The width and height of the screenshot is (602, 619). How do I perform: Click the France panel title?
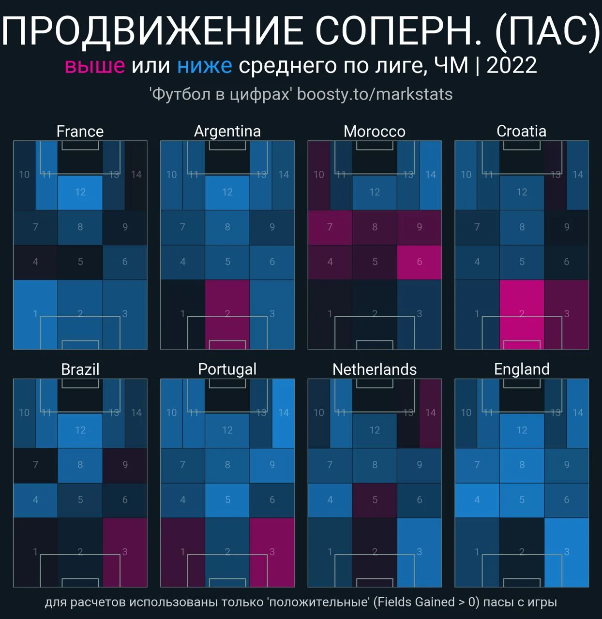click(x=80, y=131)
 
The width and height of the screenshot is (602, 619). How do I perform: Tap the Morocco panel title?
click(x=374, y=131)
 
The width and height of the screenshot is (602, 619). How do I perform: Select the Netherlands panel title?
click(x=374, y=369)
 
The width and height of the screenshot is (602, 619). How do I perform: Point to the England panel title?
click(x=522, y=369)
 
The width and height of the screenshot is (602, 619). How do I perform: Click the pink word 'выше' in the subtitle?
click(x=95, y=66)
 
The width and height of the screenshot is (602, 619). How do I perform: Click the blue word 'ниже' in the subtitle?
click(x=204, y=66)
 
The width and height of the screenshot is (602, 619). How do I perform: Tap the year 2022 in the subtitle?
click(x=512, y=66)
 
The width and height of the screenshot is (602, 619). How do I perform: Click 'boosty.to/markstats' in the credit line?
click(x=375, y=94)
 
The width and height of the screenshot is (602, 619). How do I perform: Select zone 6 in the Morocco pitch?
click(x=419, y=262)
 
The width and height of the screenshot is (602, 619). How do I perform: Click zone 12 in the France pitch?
click(x=80, y=192)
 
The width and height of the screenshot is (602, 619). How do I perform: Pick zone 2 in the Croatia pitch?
click(x=522, y=314)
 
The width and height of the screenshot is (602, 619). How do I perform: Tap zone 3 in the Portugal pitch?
click(x=272, y=552)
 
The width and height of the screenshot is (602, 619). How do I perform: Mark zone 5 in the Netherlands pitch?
click(x=375, y=500)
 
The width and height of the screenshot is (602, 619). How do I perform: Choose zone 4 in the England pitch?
click(x=477, y=500)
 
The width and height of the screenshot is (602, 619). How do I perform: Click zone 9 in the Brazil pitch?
click(x=125, y=465)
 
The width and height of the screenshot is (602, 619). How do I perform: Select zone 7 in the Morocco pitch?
click(x=330, y=227)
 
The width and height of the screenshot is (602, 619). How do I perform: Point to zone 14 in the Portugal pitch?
click(x=284, y=413)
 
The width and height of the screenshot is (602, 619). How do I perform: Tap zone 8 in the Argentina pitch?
click(x=227, y=227)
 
